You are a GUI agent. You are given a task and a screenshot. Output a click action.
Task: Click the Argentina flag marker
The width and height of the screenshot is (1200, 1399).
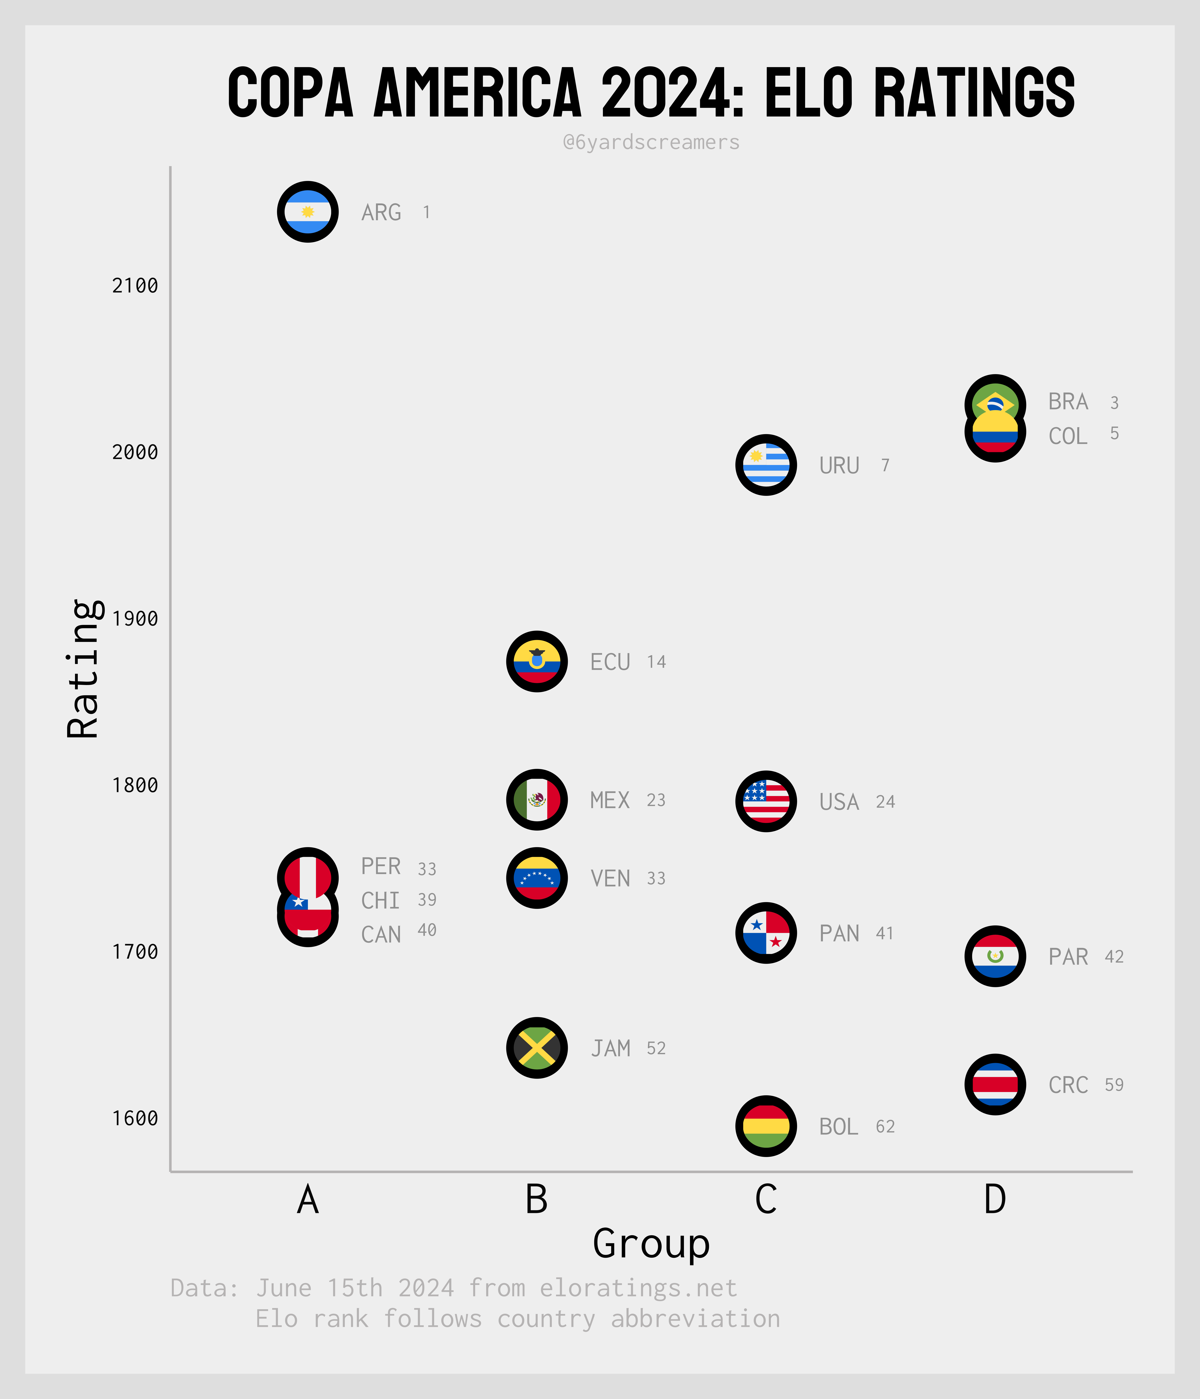308,212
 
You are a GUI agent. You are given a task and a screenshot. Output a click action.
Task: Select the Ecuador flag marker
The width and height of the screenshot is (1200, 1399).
537,662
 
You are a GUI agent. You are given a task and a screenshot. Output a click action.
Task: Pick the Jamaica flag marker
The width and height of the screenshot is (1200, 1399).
537,1048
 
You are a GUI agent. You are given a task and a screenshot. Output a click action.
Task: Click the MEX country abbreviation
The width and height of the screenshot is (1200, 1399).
609,800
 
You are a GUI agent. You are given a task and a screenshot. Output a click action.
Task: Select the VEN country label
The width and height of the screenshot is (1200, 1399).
610,878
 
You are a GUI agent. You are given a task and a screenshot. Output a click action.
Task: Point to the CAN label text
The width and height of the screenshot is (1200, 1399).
381,935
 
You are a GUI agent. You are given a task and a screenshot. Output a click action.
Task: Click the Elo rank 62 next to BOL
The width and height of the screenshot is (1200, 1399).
885,1126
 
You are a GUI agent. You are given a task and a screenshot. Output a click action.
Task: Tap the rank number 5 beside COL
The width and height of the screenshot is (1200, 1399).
1114,433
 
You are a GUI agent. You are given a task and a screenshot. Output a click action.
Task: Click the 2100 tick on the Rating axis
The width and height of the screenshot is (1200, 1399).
135,286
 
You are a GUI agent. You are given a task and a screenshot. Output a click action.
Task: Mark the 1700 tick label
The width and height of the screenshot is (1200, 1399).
135,952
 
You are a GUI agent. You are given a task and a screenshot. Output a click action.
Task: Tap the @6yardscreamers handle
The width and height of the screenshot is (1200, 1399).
651,142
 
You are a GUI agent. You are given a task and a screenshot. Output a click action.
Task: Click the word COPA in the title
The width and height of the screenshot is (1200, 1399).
290,93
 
